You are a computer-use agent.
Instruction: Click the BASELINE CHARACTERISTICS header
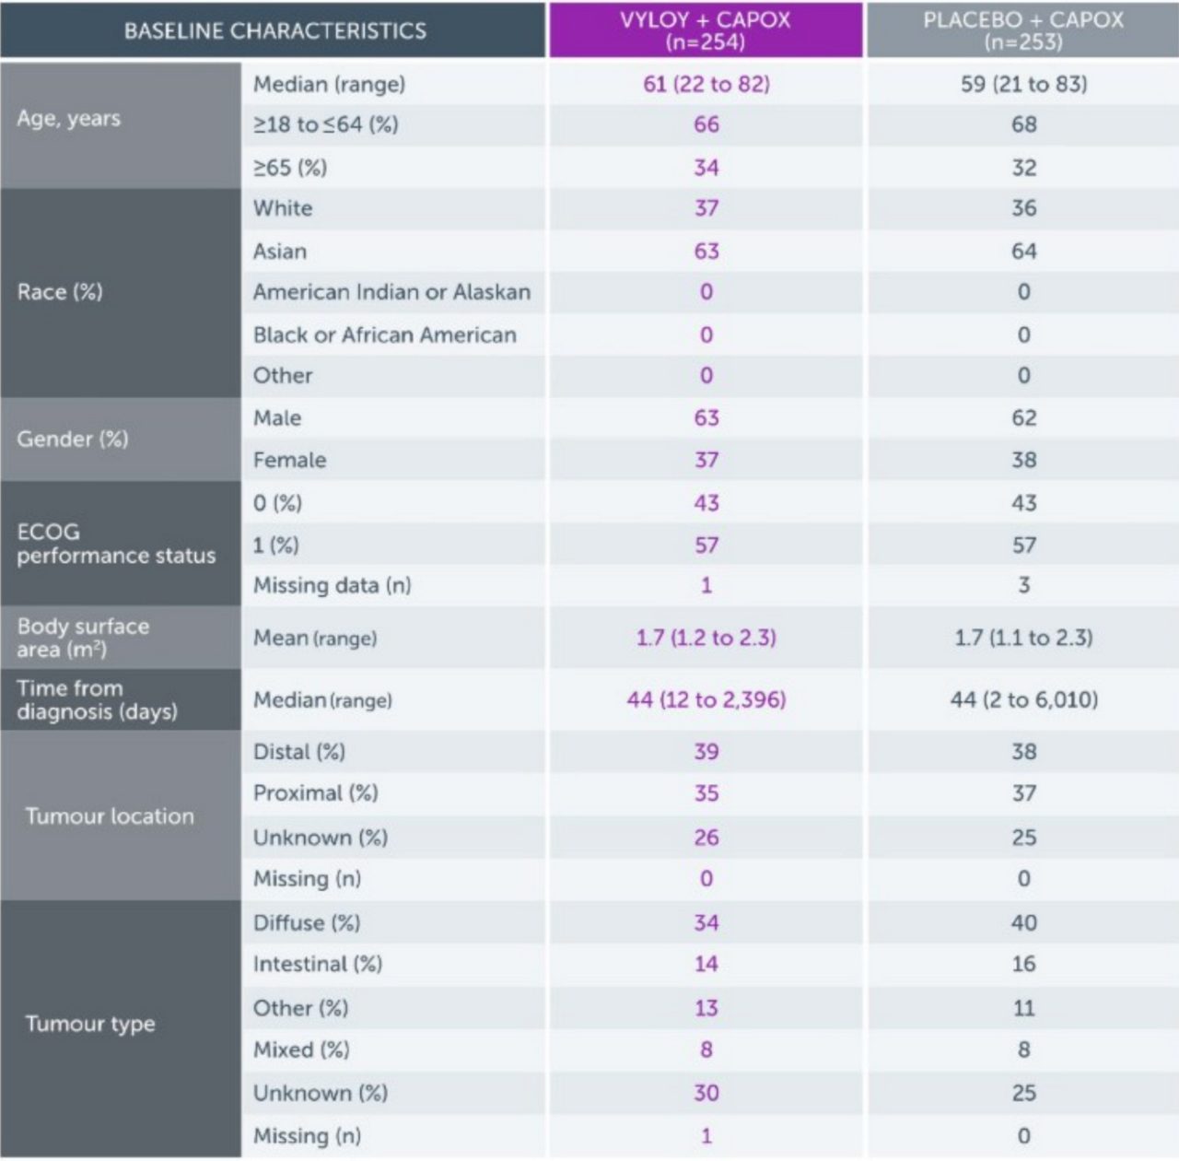pyautogui.click(x=274, y=30)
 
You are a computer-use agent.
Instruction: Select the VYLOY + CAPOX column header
pyautogui.click(x=706, y=30)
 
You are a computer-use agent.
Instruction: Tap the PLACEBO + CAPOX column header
pyautogui.click(x=1022, y=30)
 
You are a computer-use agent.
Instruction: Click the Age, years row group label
pyautogui.click(x=69, y=119)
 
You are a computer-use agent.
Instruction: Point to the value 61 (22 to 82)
pyautogui.click(x=706, y=84)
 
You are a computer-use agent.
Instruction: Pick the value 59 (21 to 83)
pyautogui.click(x=1023, y=84)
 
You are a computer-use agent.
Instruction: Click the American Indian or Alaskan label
pyautogui.click(x=391, y=292)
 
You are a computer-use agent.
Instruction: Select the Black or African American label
pyautogui.click(x=384, y=334)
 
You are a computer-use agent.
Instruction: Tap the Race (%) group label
pyautogui.click(x=60, y=292)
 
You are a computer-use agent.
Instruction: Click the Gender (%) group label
pyautogui.click(x=73, y=439)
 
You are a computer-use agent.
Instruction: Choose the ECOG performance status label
pyautogui.click(x=116, y=544)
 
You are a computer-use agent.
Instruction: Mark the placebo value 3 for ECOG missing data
pyautogui.click(x=1023, y=585)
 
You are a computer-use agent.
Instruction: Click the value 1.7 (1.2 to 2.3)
pyautogui.click(x=706, y=638)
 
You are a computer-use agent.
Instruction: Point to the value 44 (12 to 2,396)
pyautogui.click(x=706, y=699)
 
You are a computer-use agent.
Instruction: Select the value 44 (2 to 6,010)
pyautogui.click(x=1023, y=699)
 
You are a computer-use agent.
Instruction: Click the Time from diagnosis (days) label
pyautogui.click(x=97, y=699)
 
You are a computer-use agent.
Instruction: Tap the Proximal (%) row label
pyautogui.click(x=315, y=793)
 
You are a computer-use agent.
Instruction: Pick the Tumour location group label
pyautogui.click(x=110, y=816)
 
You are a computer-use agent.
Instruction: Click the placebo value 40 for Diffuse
pyautogui.click(x=1023, y=922)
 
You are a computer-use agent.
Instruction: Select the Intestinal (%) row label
pyautogui.click(x=317, y=964)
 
